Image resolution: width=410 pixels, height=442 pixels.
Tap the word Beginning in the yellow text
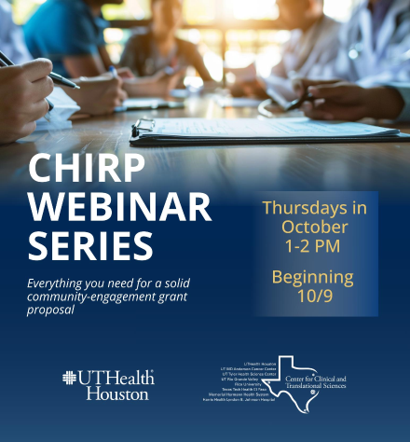coord(313,277)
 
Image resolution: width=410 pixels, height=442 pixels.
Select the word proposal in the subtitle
coord(50,310)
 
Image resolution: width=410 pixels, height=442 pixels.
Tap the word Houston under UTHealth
coord(117,394)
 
